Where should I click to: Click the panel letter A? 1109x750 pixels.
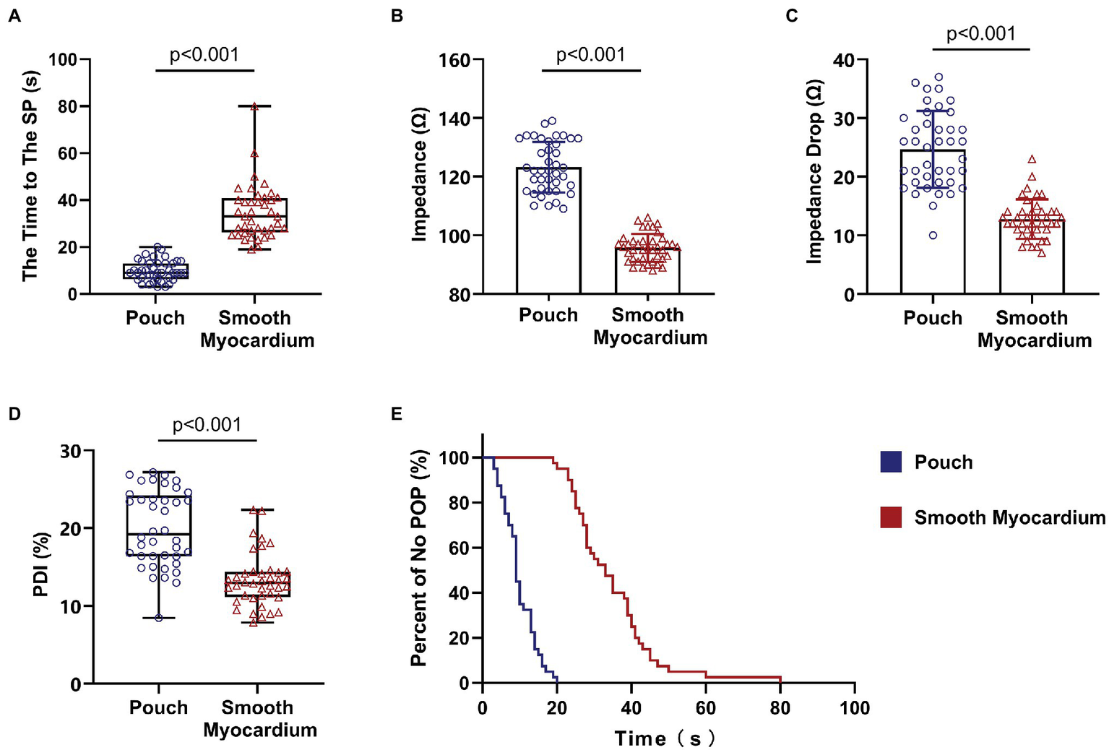click(x=14, y=15)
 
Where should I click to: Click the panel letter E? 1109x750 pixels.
click(x=396, y=413)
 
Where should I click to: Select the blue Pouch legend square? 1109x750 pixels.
click(x=891, y=462)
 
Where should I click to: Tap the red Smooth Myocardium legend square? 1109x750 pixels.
click(x=891, y=517)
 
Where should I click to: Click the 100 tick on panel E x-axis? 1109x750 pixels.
click(x=855, y=707)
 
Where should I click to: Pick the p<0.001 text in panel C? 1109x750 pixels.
click(x=980, y=34)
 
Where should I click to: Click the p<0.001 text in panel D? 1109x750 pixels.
click(x=207, y=425)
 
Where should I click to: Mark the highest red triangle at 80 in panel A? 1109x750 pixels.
click(x=254, y=106)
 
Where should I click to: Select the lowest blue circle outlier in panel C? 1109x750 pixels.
click(x=933, y=235)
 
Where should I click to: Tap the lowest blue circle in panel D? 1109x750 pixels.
click(x=159, y=618)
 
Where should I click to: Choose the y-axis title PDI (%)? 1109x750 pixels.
click(x=42, y=565)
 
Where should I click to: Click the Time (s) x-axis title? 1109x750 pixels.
click(x=665, y=738)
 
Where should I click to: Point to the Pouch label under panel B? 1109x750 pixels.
click(x=548, y=315)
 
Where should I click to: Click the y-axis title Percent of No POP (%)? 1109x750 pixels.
click(x=418, y=556)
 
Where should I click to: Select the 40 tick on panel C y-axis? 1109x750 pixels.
click(x=843, y=60)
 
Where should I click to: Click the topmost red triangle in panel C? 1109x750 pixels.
click(x=1032, y=159)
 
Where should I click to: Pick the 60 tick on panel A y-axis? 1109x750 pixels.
click(x=68, y=153)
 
